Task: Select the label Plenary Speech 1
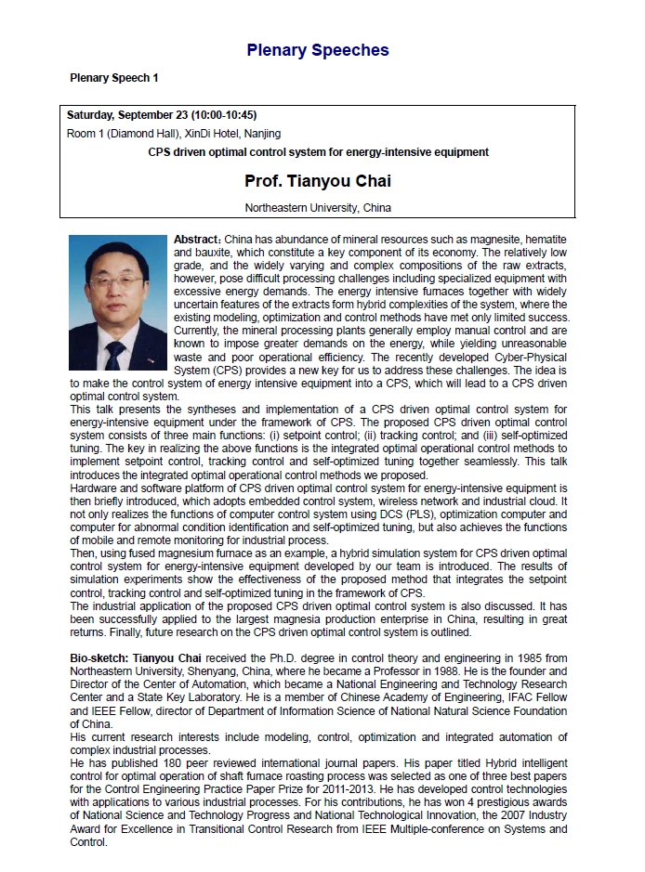coord(113,78)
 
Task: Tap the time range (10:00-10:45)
coord(223,116)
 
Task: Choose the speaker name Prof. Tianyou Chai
coord(318,180)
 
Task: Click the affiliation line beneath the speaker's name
coord(318,207)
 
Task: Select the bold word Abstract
coord(195,240)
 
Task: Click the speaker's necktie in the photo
coord(114,356)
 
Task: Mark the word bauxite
coord(213,253)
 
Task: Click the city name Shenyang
coord(209,671)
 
